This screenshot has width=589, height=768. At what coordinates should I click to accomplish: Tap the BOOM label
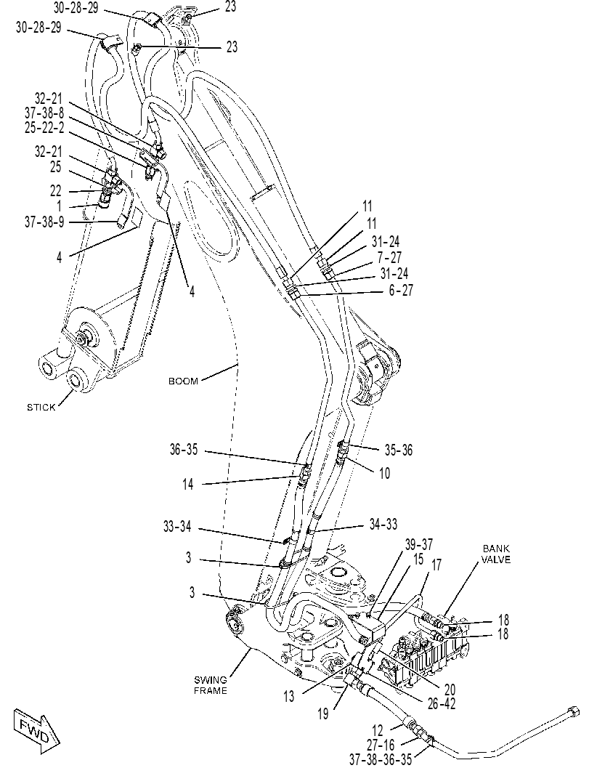tap(183, 381)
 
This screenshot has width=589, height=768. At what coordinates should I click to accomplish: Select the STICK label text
tap(41, 407)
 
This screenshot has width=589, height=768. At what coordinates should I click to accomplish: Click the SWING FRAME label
tap(211, 685)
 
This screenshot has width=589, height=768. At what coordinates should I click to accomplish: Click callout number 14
tap(188, 485)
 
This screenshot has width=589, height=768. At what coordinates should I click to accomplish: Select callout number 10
tap(384, 473)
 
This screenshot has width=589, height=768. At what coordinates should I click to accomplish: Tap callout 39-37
tap(418, 544)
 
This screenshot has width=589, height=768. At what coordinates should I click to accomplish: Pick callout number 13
tap(289, 696)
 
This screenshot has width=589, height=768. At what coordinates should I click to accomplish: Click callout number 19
tap(322, 714)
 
